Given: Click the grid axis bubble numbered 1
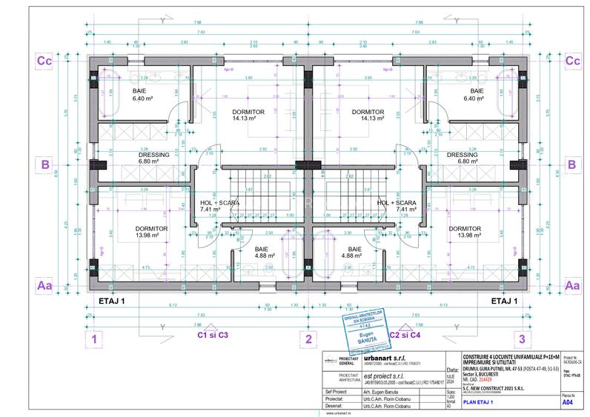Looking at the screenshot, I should click(94, 340).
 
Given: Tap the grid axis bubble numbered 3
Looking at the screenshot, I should click(523, 340).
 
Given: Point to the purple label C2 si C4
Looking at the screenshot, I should click(405, 335).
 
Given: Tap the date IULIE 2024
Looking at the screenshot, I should click(453, 381).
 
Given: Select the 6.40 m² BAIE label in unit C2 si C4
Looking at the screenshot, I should click(477, 94).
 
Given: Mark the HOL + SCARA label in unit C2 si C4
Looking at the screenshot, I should click(396, 206).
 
